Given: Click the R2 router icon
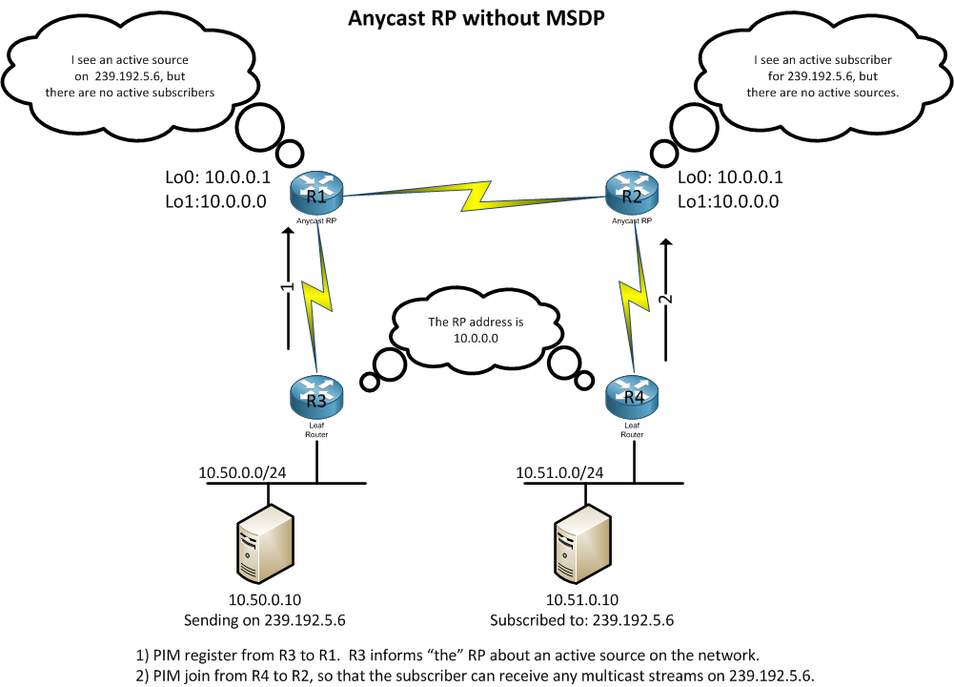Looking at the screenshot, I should click(x=631, y=197).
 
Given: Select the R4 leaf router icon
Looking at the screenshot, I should click(x=631, y=396).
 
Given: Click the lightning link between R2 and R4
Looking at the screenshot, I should click(x=630, y=296).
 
